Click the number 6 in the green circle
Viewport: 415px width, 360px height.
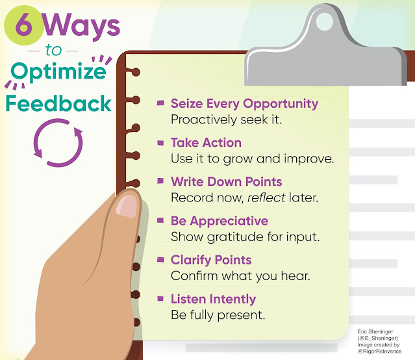pyautogui.click(x=23, y=25)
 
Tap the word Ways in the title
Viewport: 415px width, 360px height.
pyautogui.click(x=81, y=27)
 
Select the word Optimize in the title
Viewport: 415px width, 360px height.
pyautogui.click(x=58, y=71)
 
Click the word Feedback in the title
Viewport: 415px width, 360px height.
pyautogui.click(x=58, y=103)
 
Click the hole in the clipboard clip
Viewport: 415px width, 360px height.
pyautogui.click(x=325, y=22)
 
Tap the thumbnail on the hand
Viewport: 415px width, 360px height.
pyautogui.click(x=127, y=205)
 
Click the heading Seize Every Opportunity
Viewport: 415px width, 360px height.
pyautogui.click(x=244, y=104)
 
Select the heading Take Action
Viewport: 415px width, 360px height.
pyautogui.click(x=206, y=142)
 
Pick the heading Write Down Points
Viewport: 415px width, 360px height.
pyautogui.click(x=226, y=182)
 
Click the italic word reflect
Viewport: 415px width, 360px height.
pyautogui.click(x=266, y=198)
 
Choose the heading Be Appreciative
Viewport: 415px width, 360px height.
pyautogui.click(x=220, y=221)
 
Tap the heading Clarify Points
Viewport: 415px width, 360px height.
pyautogui.click(x=211, y=260)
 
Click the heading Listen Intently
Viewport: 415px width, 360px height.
pyautogui.click(x=213, y=300)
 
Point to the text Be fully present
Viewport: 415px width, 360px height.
pyautogui.click(x=218, y=315)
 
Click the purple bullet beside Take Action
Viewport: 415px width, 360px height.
pyautogui.click(x=160, y=143)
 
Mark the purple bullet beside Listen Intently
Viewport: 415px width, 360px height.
pyautogui.click(x=160, y=299)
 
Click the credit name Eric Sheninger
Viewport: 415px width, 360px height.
pyautogui.click(x=375, y=331)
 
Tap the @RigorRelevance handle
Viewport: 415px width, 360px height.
pyautogui.click(x=379, y=352)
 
